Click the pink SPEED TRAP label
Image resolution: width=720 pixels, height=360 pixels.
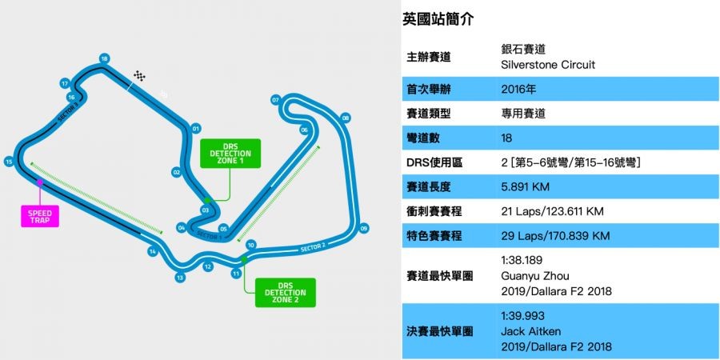coord(40,216)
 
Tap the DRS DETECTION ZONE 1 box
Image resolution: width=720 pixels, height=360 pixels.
coord(226,154)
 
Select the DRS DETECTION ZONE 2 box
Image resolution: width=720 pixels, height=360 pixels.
coord(286,293)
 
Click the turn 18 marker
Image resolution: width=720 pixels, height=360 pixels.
coord(104,58)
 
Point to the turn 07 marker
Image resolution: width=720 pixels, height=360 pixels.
coord(275,101)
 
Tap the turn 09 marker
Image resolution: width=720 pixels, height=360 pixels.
coord(364,229)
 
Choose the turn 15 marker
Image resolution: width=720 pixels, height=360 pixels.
coord(9,162)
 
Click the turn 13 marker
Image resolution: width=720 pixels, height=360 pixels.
coord(181,278)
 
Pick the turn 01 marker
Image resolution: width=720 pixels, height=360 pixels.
coord(195,127)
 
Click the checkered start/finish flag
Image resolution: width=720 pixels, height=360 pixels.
coord(141,77)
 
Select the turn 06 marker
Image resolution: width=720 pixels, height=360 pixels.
coord(304,130)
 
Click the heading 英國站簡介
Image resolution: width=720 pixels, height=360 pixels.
coord(438,20)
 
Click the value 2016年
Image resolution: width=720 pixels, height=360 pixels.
coord(518,90)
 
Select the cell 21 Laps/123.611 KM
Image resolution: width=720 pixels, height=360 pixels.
coord(551,212)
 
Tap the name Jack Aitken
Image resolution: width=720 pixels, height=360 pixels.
coord(528,330)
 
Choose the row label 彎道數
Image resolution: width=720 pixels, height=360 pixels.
coord(425,138)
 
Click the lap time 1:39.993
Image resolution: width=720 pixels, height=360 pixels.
coord(522,316)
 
